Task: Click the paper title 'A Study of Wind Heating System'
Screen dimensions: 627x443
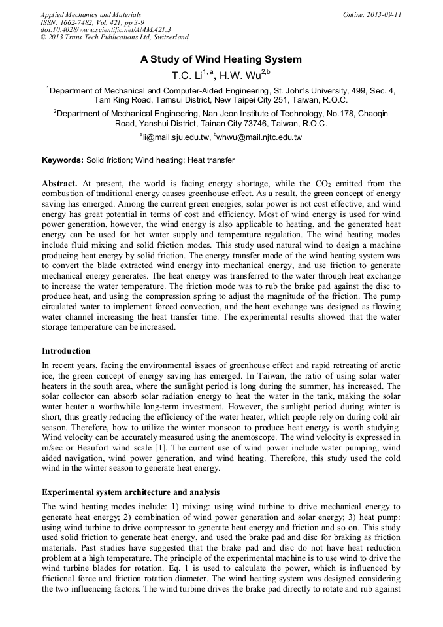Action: point(221,59)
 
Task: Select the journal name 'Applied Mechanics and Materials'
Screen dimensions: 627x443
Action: point(90,14)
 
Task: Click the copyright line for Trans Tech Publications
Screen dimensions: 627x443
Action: point(114,37)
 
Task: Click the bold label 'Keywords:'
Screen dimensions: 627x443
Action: point(63,160)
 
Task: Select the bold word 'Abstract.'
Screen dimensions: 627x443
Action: point(59,184)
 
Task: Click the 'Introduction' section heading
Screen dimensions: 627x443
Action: point(66,351)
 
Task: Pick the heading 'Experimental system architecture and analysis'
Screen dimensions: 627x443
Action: point(131,491)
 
